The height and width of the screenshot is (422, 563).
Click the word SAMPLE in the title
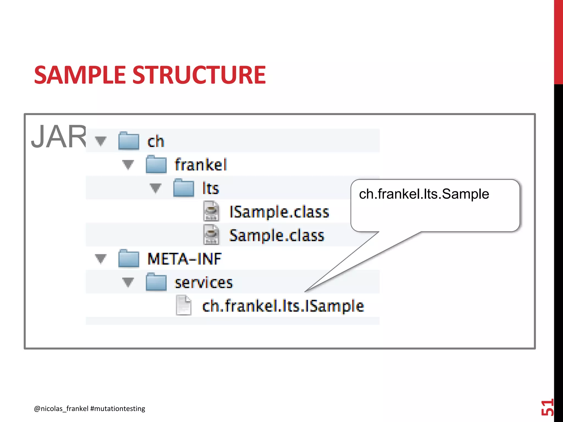[x=80, y=75]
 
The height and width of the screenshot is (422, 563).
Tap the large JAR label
[x=59, y=137]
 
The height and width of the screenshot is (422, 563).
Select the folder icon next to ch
[x=129, y=141]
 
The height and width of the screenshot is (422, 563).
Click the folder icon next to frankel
[x=156, y=165]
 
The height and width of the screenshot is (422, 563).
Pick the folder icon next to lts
[x=184, y=188]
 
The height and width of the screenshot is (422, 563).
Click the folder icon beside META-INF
[x=129, y=259]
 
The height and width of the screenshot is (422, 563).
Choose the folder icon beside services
[x=156, y=282]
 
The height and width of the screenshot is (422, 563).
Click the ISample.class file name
[x=279, y=212]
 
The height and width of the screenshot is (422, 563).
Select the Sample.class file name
[x=277, y=235]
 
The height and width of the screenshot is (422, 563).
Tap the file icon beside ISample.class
[x=211, y=211]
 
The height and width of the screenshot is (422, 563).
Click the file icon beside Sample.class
[x=211, y=235]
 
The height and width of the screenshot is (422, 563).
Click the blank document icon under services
[x=184, y=305]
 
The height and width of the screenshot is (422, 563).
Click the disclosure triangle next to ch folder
[x=100, y=141]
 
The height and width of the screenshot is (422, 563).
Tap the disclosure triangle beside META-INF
[x=100, y=259]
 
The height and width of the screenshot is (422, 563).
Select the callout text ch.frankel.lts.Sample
[x=424, y=194]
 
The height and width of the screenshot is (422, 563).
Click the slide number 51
[x=547, y=407]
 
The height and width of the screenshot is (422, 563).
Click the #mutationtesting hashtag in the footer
[x=118, y=409]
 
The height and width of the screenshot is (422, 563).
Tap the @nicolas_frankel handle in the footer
[x=61, y=409]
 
